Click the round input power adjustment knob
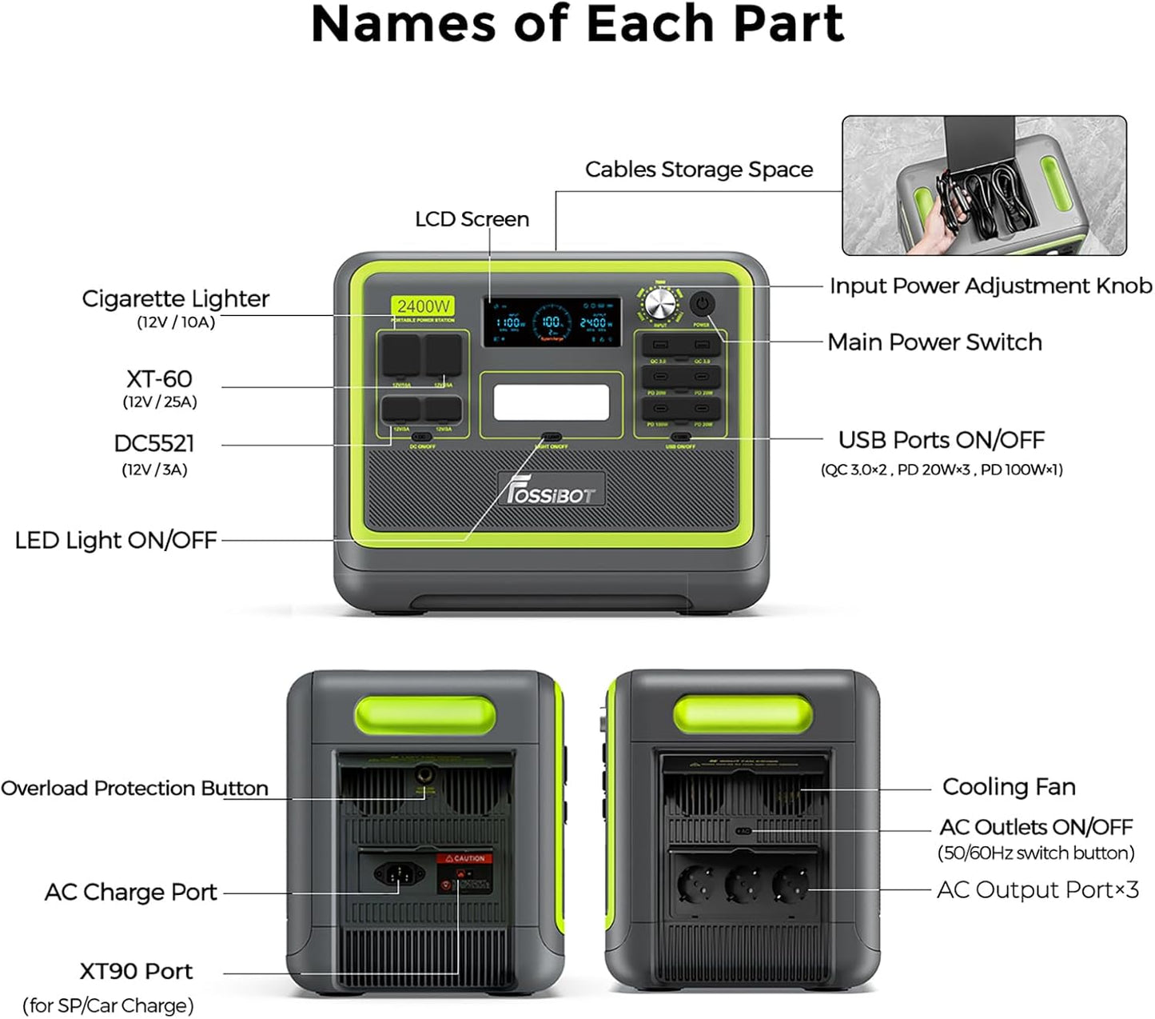(660, 306)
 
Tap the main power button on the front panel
(701, 304)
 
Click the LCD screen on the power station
(552, 322)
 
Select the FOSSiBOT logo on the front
(552, 489)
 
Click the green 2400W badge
(424, 306)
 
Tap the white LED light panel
(552, 402)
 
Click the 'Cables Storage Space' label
(699, 170)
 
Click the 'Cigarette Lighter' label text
(175, 298)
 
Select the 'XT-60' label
(159, 378)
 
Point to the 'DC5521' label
(154, 443)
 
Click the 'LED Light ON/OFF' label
(116, 540)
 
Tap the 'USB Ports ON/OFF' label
(941, 440)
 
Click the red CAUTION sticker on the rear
(464, 858)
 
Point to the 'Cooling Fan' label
(1009, 786)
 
